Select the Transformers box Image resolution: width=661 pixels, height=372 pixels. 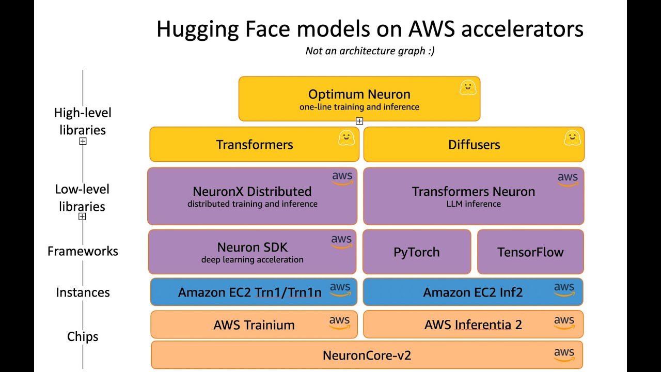tap(254, 145)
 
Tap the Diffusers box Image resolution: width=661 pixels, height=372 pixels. tap(474, 145)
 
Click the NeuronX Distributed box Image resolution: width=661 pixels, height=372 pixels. tap(252, 196)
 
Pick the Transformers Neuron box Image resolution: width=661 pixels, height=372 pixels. tap(474, 196)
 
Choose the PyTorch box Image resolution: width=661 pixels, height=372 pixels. tap(417, 252)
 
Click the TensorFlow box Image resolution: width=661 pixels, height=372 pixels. tap(530, 252)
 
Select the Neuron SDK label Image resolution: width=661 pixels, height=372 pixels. tap(252, 247)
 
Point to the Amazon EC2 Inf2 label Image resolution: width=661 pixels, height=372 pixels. tap(473, 292)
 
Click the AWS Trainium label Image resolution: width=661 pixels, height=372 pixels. tap(254, 325)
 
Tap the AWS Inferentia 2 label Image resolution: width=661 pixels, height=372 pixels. tap(473, 325)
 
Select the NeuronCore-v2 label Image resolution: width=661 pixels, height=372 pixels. tap(367, 355)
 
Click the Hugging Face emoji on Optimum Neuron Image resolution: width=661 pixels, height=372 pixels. tap(468, 88)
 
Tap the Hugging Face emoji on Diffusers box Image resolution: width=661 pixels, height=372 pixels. tap(572, 138)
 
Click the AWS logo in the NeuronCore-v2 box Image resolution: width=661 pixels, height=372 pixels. tap(564, 354)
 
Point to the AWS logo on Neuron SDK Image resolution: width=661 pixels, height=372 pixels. tap(341, 241)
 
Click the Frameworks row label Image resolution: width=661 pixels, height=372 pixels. tap(83, 252)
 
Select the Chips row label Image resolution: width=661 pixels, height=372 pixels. tap(83, 337)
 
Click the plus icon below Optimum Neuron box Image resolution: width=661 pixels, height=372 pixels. tap(359, 121)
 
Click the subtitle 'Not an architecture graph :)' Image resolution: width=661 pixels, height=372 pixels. tap(370, 51)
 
